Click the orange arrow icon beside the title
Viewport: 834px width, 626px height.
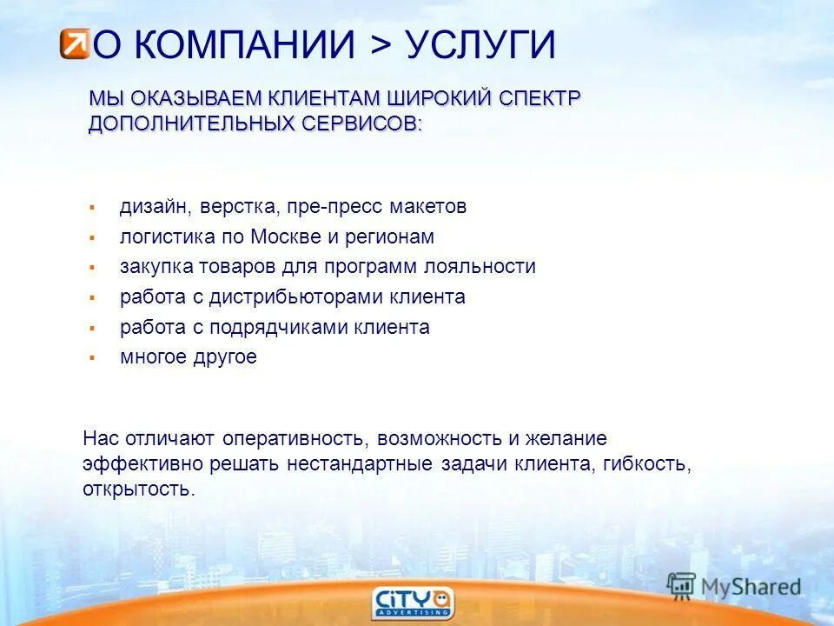click(x=75, y=43)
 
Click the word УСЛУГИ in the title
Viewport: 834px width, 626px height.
click(x=480, y=45)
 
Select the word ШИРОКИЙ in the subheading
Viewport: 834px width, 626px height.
click(x=437, y=98)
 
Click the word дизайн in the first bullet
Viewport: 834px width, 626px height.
click(x=154, y=207)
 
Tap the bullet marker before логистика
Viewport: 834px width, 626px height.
click(x=90, y=237)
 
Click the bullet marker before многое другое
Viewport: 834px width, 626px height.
click(x=90, y=357)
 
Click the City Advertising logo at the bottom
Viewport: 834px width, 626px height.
click(x=413, y=603)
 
